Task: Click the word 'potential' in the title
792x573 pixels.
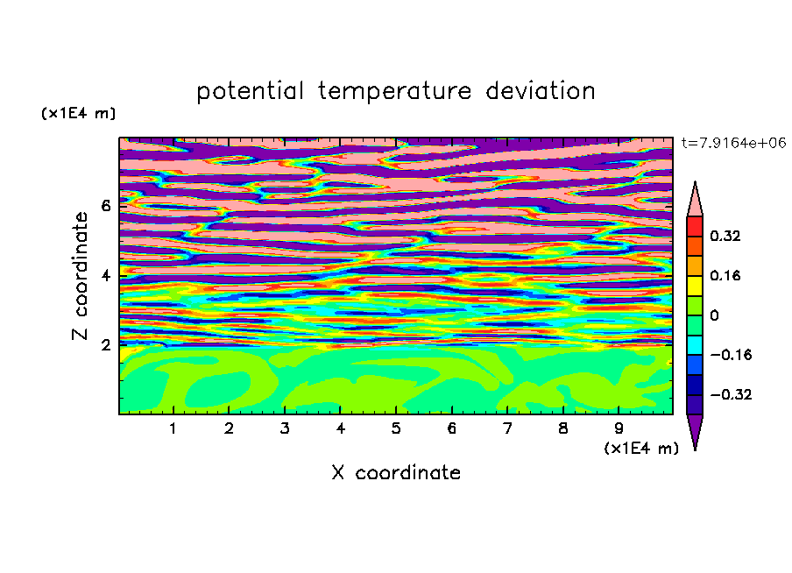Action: pos(250,92)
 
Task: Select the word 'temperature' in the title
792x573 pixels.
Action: pos(395,92)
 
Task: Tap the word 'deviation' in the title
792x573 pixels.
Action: pos(541,91)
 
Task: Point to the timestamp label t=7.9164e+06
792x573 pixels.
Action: pos(733,143)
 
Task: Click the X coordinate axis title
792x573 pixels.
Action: pos(396,472)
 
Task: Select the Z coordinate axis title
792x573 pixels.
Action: pos(81,275)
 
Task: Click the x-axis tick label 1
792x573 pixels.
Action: pos(173,428)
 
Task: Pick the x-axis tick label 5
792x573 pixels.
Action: pos(396,428)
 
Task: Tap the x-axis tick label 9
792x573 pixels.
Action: pos(619,428)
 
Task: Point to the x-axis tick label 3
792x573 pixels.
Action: pos(285,428)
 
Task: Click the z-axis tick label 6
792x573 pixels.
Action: pos(105,206)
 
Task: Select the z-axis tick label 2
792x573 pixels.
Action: pos(105,345)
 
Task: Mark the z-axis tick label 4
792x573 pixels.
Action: pos(105,275)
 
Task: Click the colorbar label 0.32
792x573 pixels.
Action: pos(725,236)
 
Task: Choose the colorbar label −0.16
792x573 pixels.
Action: pos(731,355)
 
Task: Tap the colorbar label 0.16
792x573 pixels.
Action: pos(725,275)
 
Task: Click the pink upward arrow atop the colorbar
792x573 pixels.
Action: pos(695,199)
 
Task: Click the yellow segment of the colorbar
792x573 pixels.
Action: pos(695,286)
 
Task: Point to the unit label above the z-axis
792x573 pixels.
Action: pos(79,113)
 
